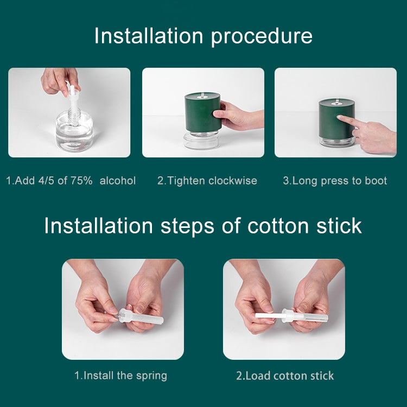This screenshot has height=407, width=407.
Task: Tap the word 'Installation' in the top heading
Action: tap(149, 36)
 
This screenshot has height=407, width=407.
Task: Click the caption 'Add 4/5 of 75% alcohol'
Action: tap(71, 181)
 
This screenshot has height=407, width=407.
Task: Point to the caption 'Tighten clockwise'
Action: tap(207, 181)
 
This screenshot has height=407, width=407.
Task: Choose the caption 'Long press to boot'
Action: tap(335, 181)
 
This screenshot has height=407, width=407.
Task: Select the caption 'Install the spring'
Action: tap(120, 375)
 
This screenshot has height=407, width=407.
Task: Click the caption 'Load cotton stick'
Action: tap(285, 375)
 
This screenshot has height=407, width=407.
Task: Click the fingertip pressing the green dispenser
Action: tap(340, 117)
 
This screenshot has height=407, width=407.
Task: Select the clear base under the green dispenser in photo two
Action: tap(201, 139)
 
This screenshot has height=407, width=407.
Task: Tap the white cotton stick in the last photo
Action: tap(268, 315)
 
